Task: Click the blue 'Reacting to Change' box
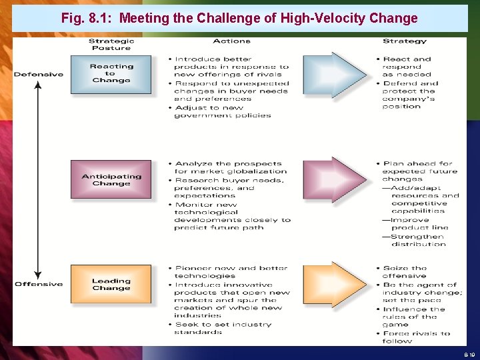point(111,73)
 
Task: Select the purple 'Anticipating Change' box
point(111,179)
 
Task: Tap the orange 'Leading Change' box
point(111,284)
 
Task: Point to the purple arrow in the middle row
point(333,179)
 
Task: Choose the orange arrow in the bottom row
point(333,284)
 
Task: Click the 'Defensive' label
point(39,74)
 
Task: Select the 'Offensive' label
point(39,284)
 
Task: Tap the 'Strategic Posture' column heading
point(111,45)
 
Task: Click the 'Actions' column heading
point(231,41)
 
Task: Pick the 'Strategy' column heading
point(404,41)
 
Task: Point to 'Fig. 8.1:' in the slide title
point(86,19)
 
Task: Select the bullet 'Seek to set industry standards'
point(223,328)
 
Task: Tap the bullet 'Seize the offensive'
point(405,272)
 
